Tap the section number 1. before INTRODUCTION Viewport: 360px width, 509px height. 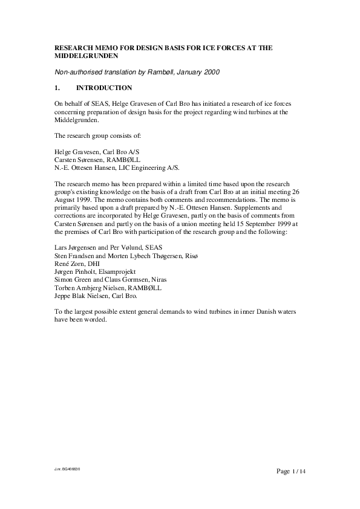(57, 88)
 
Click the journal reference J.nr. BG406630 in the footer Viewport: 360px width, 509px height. (67, 469)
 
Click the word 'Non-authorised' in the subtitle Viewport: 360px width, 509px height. (77, 73)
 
